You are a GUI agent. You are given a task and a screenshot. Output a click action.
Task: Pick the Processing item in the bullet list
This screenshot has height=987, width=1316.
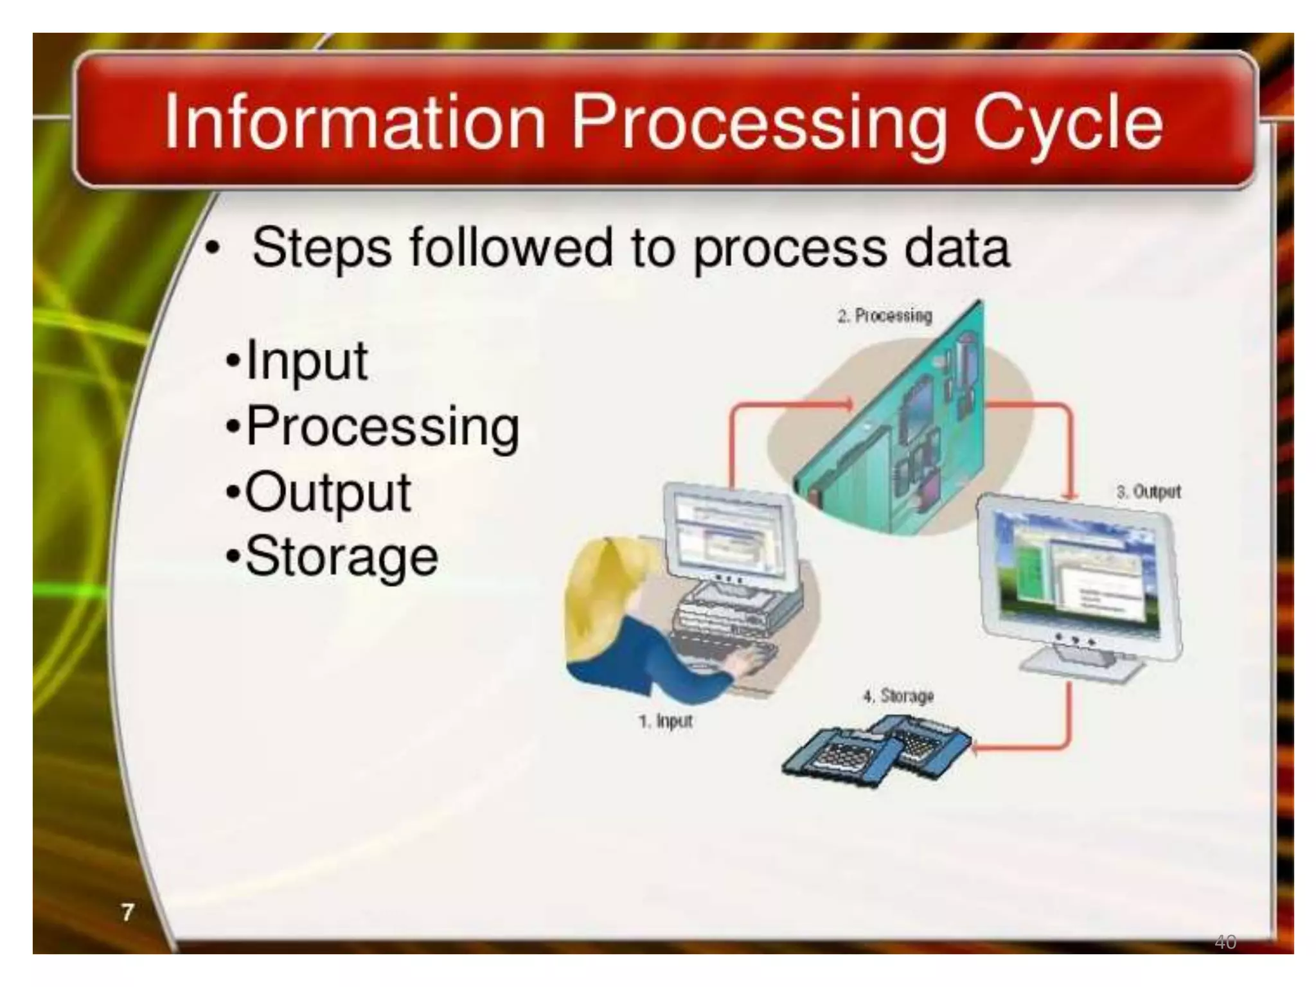(x=382, y=427)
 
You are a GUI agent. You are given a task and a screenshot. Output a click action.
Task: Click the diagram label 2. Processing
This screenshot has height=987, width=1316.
(x=884, y=316)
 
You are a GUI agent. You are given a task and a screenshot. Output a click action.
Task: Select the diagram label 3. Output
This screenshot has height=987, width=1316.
(x=1148, y=492)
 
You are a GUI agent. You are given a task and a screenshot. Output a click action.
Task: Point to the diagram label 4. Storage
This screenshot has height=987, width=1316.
(x=898, y=696)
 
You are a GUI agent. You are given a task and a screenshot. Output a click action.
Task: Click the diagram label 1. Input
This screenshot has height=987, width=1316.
(x=666, y=722)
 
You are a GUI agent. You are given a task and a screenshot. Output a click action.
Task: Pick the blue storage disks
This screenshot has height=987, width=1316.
(x=874, y=752)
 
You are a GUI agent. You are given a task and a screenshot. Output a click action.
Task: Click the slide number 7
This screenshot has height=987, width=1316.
(x=128, y=912)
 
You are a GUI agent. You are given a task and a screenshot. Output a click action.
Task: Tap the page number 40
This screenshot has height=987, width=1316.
(x=1225, y=942)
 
